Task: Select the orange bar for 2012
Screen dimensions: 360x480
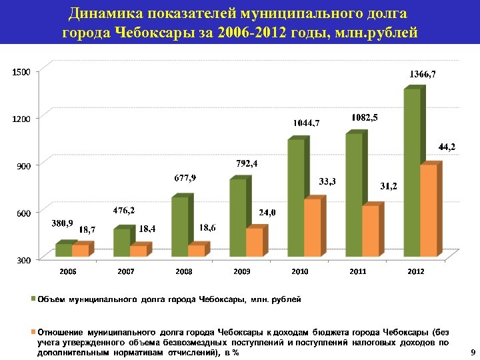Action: point(429,211)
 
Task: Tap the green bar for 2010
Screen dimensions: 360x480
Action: point(295,197)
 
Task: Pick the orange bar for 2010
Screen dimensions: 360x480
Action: point(312,227)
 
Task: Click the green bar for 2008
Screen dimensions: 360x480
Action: point(179,226)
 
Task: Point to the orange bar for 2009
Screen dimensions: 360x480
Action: point(254,243)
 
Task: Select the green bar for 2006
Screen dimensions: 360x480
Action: point(63,250)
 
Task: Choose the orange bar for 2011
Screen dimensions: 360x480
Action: point(371,231)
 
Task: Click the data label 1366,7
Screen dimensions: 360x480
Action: point(423,74)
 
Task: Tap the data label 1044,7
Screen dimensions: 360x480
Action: point(307,123)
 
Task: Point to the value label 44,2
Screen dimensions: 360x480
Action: point(447,147)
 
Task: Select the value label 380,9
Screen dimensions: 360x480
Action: point(62,223)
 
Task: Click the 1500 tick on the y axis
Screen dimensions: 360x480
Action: point(22,71)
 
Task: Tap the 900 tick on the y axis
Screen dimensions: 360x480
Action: point(25,166)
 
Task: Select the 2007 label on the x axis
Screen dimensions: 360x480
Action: point(126,272)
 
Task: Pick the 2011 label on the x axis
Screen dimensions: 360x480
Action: point(358,272)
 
